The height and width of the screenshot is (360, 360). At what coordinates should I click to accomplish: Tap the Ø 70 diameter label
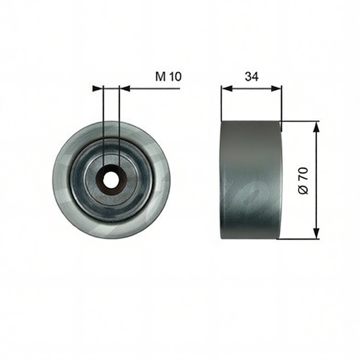(303, 180)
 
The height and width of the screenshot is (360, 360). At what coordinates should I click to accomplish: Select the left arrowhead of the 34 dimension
(227, 89)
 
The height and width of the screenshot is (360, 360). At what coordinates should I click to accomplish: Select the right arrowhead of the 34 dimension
(276, 89)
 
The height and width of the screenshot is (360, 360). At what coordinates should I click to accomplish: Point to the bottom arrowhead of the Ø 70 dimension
(316, 233)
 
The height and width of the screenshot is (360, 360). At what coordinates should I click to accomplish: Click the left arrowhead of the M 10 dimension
(98, 89)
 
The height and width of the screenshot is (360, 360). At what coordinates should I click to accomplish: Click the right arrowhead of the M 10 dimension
(125, 89)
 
